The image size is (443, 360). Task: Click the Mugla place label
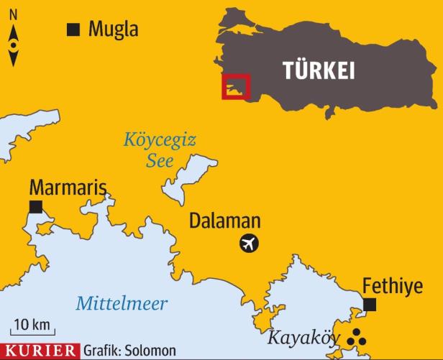point(113,29)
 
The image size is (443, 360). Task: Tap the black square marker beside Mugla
point(72,29)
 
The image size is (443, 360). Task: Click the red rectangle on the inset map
point(235,86)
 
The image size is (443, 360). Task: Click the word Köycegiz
point(159,139)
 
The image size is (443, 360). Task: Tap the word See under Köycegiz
point(160,161)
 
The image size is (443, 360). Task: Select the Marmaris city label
point(68,188)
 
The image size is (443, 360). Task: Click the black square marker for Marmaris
point(35,208)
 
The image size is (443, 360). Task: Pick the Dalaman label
point(224,221)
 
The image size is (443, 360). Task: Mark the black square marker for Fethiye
point(370,305)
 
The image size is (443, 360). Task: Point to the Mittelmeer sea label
point(122,303)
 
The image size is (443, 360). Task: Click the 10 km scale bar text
point(30,323)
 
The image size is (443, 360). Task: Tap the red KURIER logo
point(40,351)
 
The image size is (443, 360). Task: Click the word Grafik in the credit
point(101,351)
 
